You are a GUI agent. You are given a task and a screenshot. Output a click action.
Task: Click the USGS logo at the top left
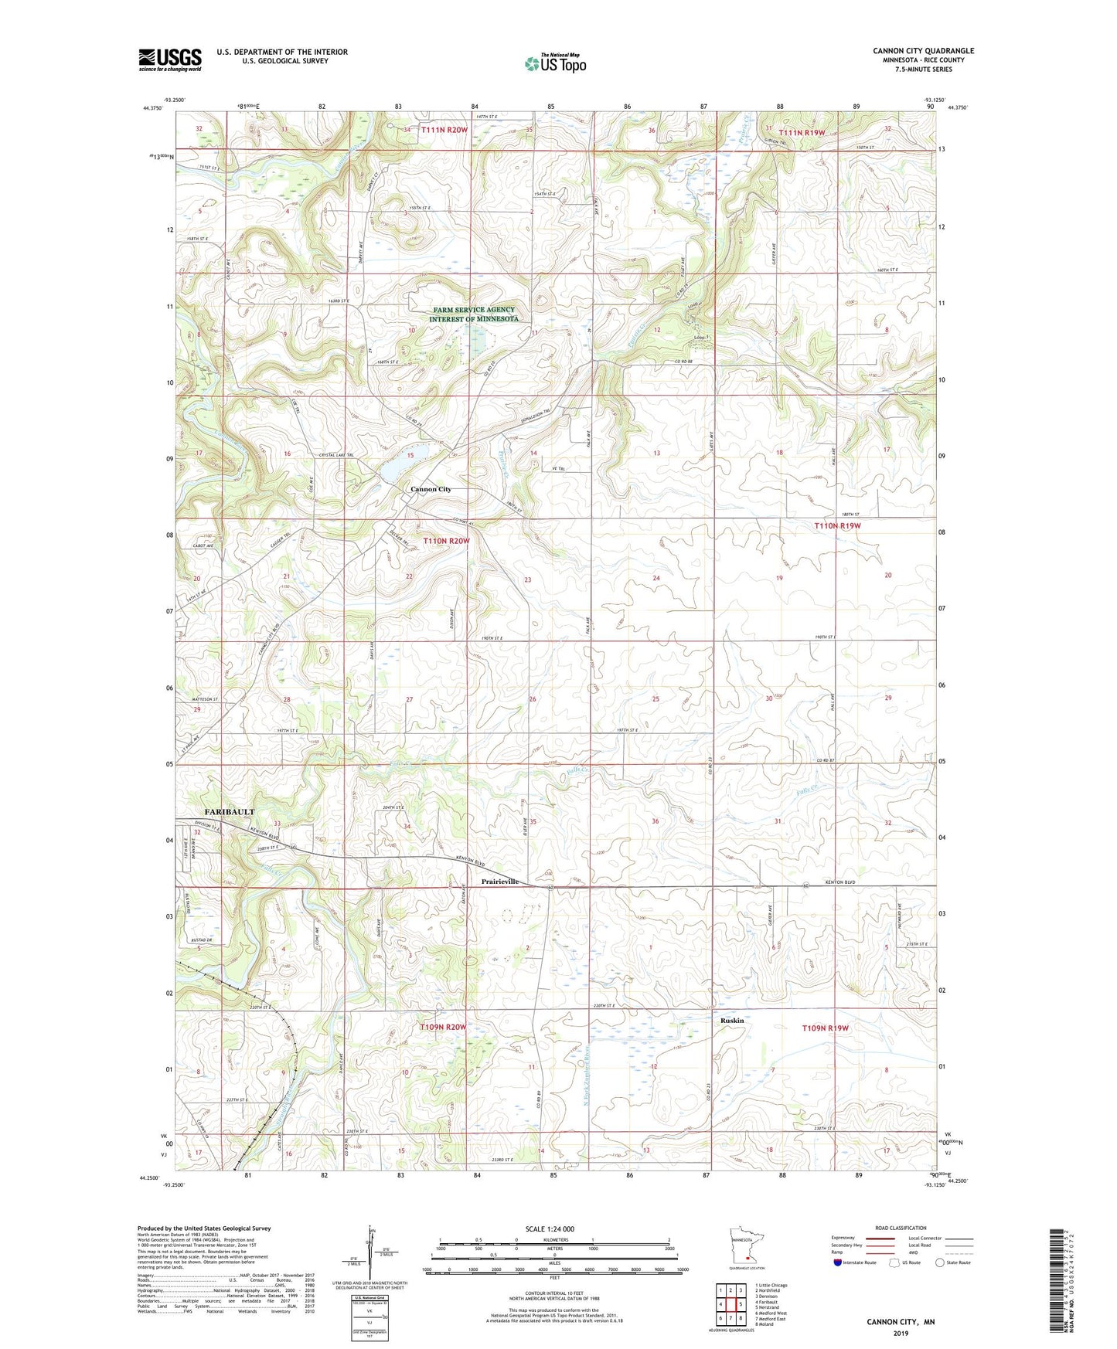pos(170,59)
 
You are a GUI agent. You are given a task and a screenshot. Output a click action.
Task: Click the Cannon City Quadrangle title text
pos(923,51)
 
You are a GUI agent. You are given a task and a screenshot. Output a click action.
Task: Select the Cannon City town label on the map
pos(431,489)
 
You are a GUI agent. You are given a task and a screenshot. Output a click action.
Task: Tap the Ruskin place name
pos(731,1021)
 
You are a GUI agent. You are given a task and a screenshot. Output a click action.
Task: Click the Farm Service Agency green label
pos(474,314)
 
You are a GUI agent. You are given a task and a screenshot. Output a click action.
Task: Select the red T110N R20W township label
pos(446,541)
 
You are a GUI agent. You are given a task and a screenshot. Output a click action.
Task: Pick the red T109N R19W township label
pos(826,1028)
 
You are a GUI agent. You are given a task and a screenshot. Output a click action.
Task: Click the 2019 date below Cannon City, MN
pos(901,1334)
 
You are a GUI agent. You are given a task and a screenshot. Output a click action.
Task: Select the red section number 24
pos(656,578)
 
